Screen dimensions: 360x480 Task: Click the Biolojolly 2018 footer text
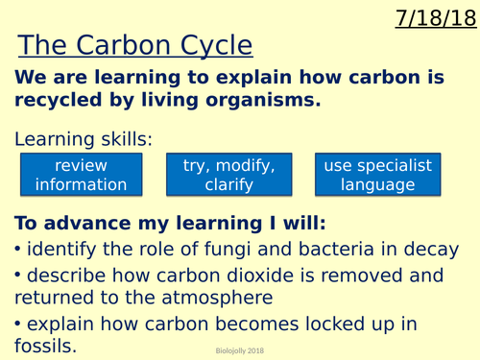pos(240,350)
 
